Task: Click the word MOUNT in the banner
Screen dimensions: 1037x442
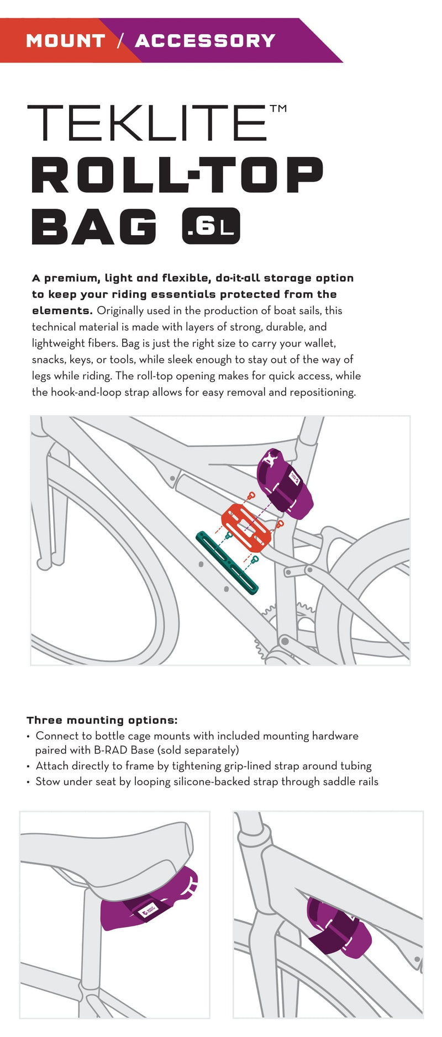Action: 65,41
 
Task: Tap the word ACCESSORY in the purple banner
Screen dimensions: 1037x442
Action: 205,41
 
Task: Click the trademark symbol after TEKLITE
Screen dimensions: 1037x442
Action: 278,108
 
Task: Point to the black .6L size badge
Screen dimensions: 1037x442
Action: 211,226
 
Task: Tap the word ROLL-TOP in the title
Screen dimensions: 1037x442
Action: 177,175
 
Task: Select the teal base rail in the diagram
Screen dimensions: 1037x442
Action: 227,562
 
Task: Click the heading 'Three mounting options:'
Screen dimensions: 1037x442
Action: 102,720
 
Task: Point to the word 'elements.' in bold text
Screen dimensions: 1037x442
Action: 62,310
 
